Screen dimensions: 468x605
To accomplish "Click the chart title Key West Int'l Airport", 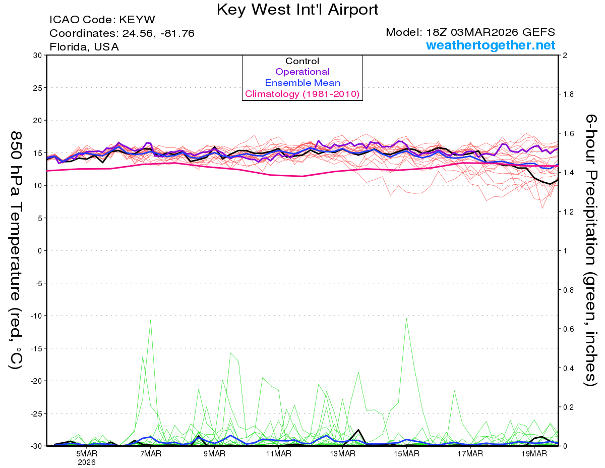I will [297, 10].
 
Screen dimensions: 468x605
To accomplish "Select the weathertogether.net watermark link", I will [491, 45].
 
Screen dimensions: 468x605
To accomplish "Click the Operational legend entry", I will [302, 72].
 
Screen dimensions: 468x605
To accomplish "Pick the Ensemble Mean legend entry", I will [302, 83].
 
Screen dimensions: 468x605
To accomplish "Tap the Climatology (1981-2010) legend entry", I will [302, 94].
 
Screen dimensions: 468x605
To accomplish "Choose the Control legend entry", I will [302, 61].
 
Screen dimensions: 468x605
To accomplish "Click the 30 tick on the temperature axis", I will [37, 55].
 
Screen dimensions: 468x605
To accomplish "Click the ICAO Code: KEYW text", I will [102, 20].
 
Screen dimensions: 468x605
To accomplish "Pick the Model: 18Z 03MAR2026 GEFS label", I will [470, 32].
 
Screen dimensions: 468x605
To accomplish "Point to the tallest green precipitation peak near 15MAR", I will [406, 319].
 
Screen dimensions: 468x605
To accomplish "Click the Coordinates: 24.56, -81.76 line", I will [122, 33].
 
